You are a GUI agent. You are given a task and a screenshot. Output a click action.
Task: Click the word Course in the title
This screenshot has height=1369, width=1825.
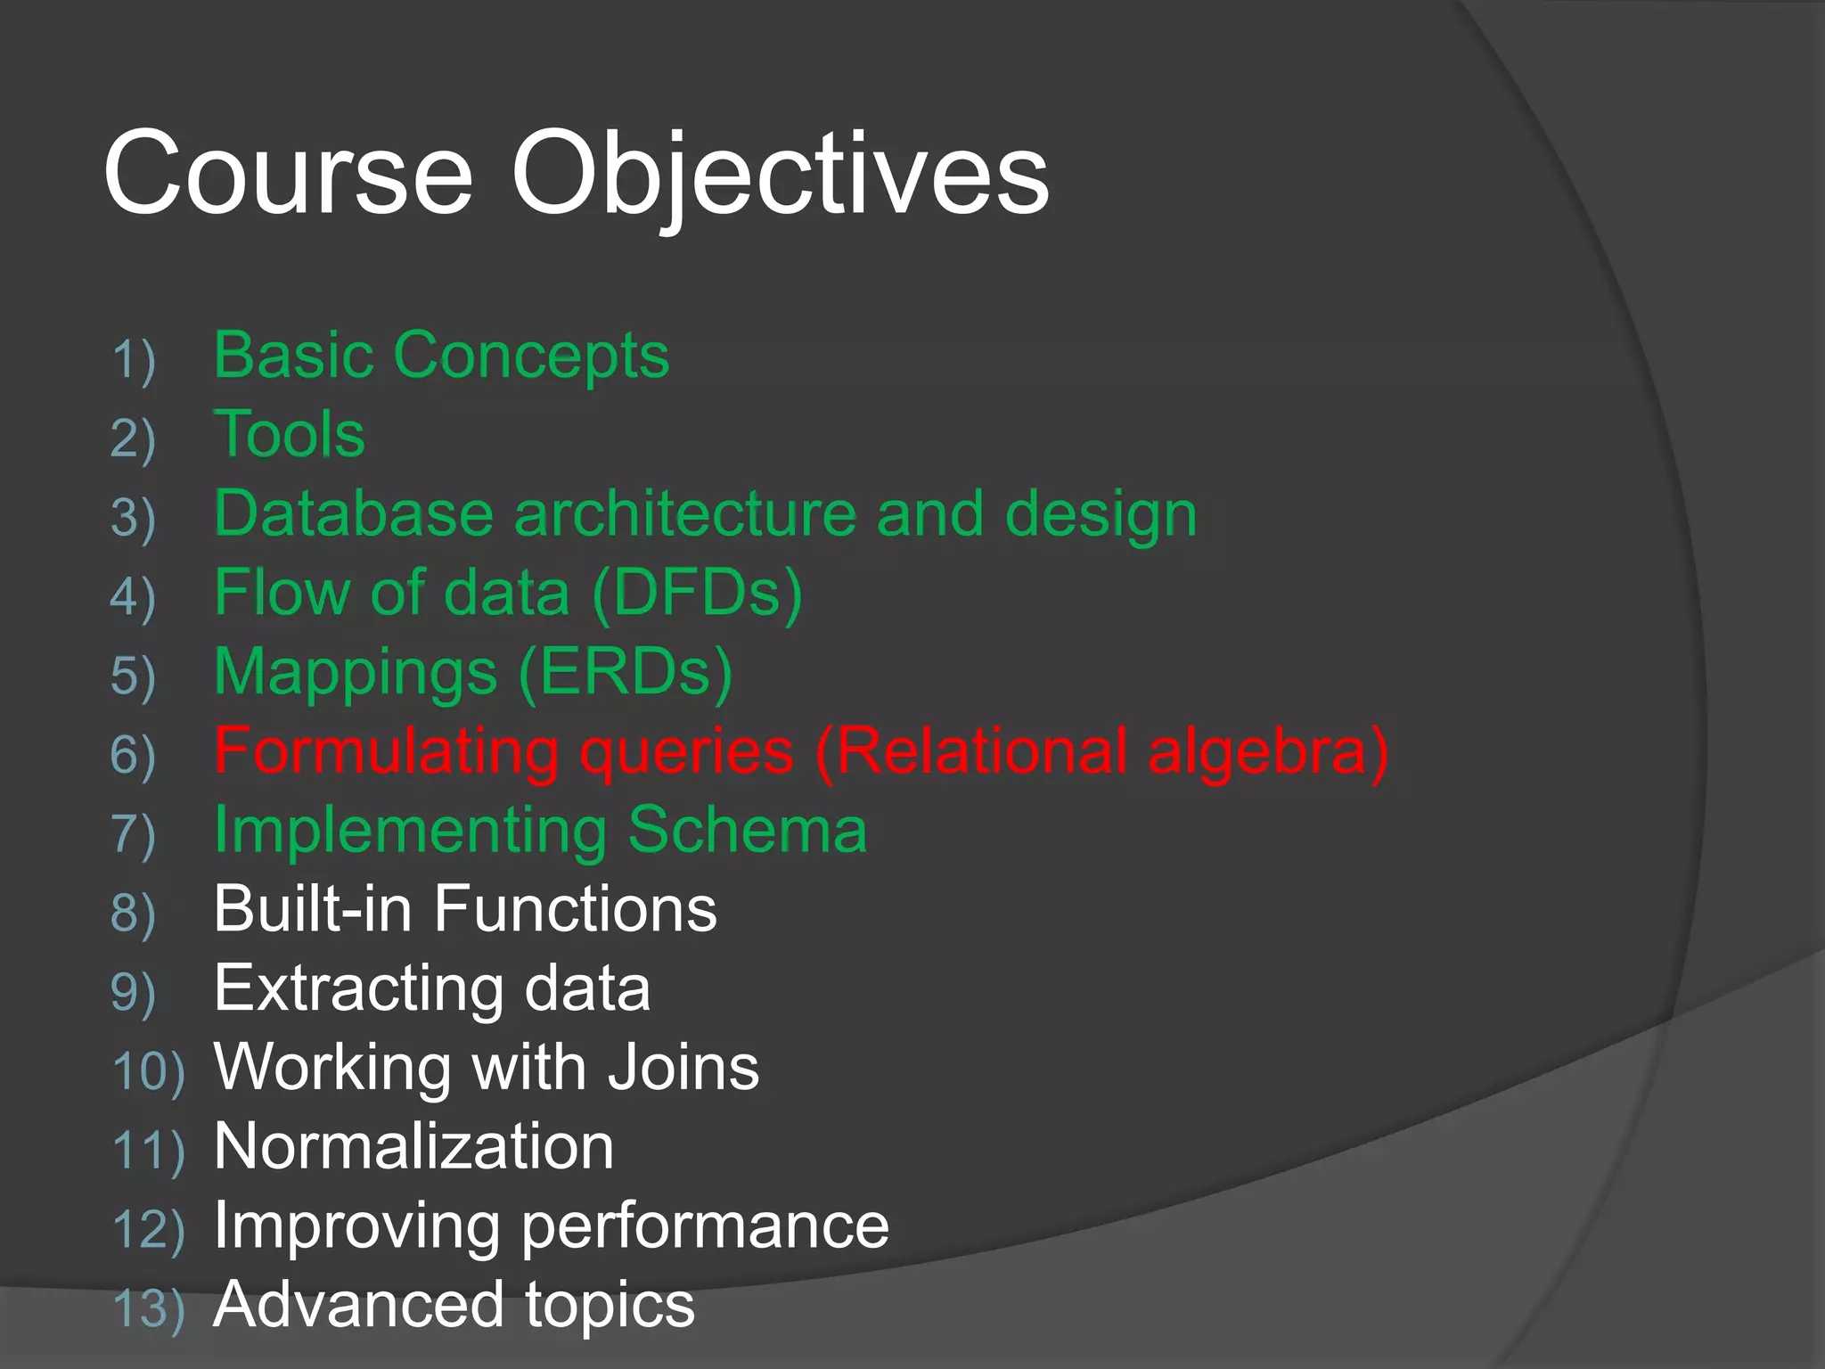tap(287, 174)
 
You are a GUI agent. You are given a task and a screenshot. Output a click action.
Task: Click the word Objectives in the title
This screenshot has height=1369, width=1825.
tap(780, 174)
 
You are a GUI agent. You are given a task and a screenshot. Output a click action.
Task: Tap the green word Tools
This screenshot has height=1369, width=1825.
tap(290, 434)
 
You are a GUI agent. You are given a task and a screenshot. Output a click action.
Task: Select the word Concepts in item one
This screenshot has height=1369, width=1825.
tap(531, 356)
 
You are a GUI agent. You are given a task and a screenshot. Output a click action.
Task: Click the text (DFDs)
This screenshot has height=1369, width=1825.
tap(697, 594)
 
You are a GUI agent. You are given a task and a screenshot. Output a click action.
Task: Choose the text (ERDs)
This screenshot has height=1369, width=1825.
tap(626, 672)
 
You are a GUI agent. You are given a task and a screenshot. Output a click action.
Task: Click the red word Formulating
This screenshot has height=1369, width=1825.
tap(386, 751)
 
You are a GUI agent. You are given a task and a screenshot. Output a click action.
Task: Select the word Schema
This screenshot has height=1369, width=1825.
tap(747, 831)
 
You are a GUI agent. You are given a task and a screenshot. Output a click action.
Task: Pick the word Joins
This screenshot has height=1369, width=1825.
tap(683, 1068)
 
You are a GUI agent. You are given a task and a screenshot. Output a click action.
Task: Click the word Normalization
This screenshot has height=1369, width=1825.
tap(413, 1147)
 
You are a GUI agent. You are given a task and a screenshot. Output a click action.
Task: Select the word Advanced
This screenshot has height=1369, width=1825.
tap(357, 1305)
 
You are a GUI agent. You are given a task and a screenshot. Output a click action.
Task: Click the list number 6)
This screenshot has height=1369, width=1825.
tap(134, 755)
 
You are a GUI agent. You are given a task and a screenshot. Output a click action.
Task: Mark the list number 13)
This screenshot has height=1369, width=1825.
tap(149, 1309)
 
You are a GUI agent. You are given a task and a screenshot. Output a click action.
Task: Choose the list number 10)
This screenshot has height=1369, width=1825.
tap(149, 1071)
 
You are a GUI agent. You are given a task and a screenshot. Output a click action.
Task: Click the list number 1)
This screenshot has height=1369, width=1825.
tap(134, 360)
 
